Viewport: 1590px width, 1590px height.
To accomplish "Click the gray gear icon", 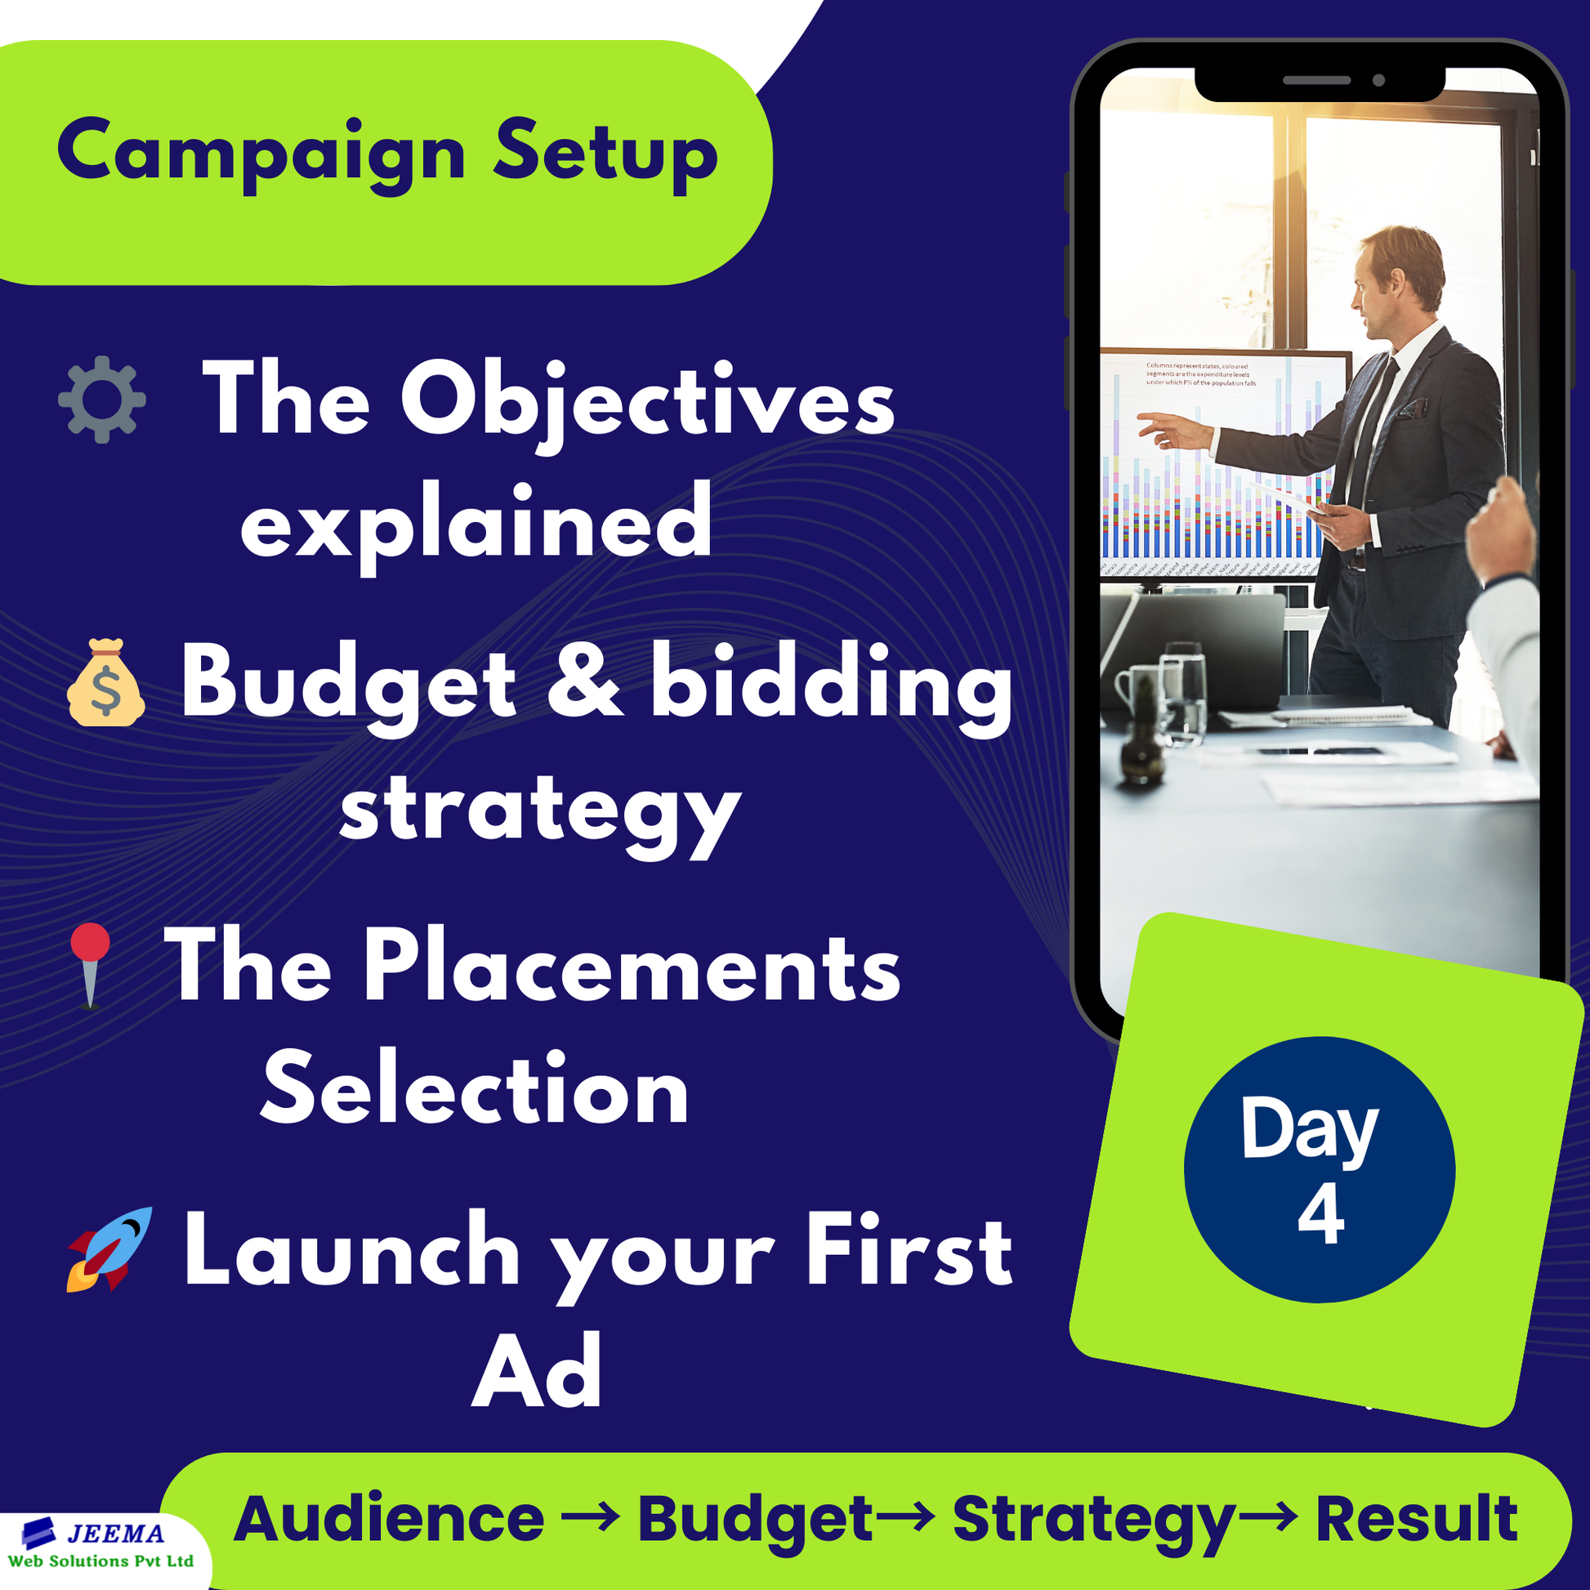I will pyautogui.click(x=102, y=400).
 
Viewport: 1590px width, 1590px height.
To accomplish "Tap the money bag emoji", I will pyautogui.click(x=106, y=683).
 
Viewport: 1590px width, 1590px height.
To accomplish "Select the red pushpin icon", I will pyautogui.click(x=90, y=962).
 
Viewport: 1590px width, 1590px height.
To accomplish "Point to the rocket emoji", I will pyautogui.click(x=109, y=1249).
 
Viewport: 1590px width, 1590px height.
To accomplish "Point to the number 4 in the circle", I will pyautogui.click(x=1321, y=1216).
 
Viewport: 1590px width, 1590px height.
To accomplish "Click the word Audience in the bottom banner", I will pyautogui.click(x=388, y=1518).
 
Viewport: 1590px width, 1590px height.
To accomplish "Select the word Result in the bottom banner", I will pyautogui.click(x=1416, y=1518).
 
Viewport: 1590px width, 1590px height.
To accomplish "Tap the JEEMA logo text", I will pyautogui.click(x=115, y=1532).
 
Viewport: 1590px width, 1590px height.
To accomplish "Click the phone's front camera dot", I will pyautogui.click(x=1378, y=81).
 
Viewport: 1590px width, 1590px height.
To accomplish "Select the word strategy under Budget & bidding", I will pyautogui.click(x=540, y=811).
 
